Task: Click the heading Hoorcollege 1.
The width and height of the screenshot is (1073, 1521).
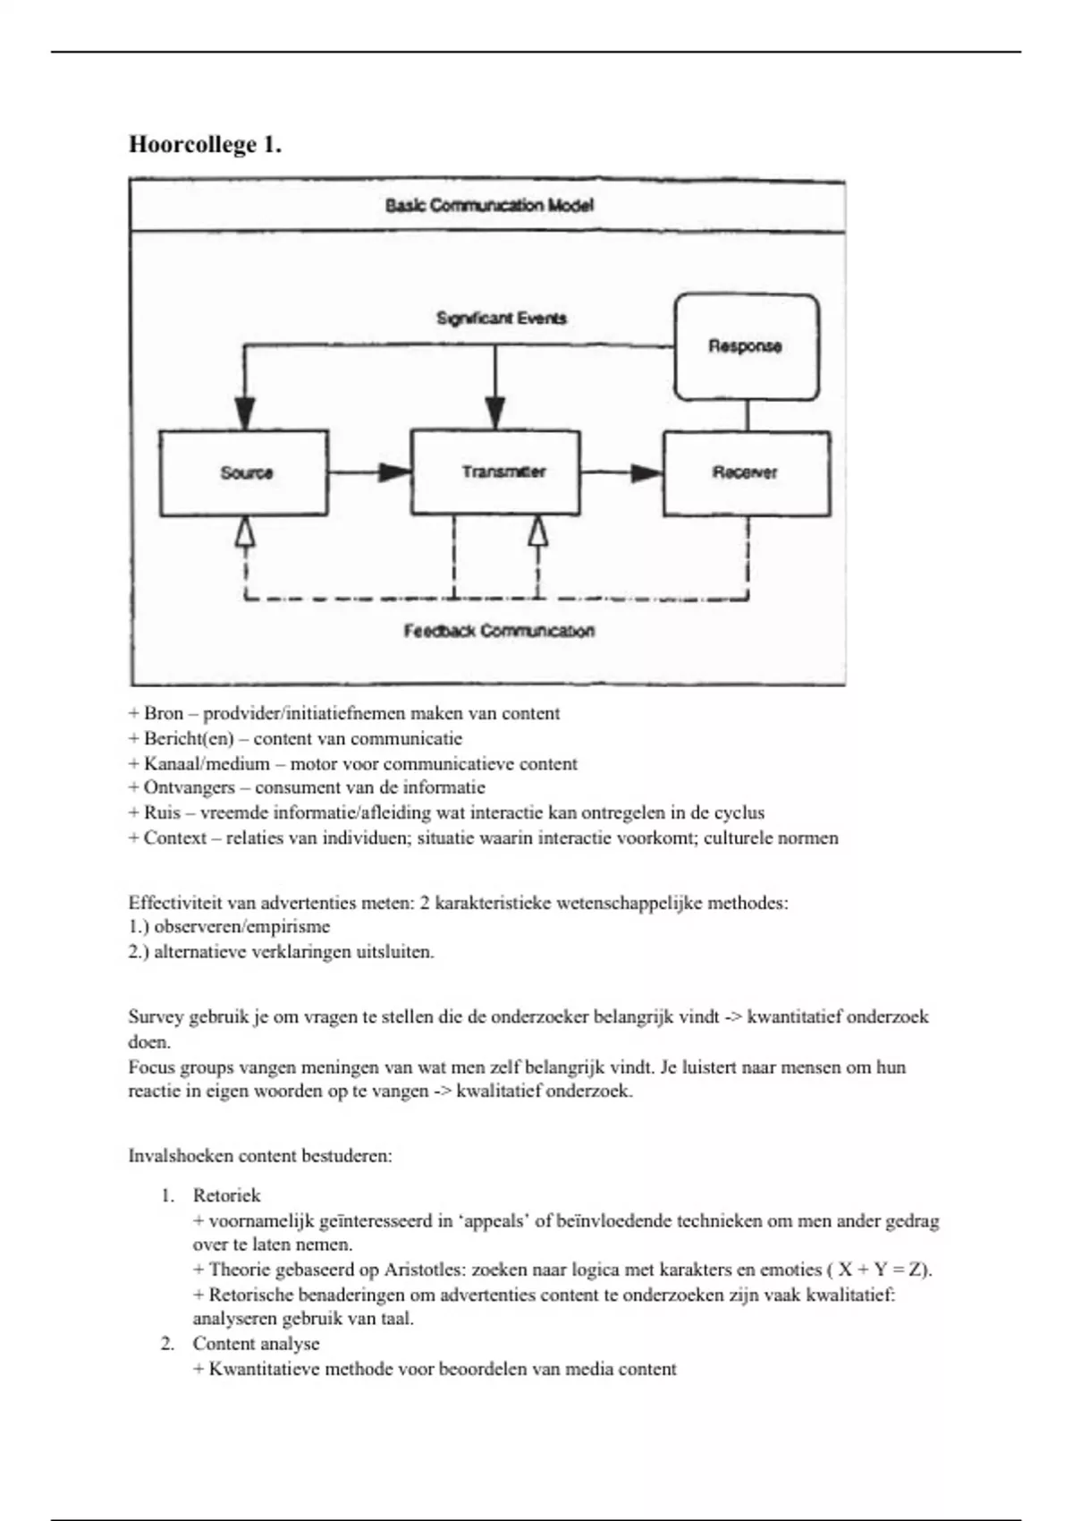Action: (205, 145)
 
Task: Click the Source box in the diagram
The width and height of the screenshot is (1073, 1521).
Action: (244, 472)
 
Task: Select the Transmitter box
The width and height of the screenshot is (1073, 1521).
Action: (495, 472)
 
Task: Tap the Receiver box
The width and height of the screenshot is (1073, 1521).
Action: (746, 472)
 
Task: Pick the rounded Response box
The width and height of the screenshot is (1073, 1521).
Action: (746, 346)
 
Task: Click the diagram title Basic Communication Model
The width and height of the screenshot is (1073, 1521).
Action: (489, 205)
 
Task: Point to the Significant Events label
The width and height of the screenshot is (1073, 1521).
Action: (501, 318)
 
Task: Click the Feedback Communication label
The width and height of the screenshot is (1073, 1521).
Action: (499, 631)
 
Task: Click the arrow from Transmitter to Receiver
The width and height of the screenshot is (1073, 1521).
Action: (621, 472)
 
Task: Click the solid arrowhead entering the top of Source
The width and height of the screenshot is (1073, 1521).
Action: (244, 413)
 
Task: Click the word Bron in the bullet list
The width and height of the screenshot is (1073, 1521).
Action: (164, 714)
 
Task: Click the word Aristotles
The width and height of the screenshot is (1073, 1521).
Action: (424, 1270)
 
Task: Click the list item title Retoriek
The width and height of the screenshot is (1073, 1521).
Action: (226, 1195)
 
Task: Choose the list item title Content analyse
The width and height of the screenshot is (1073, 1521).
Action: (256, 1344)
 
